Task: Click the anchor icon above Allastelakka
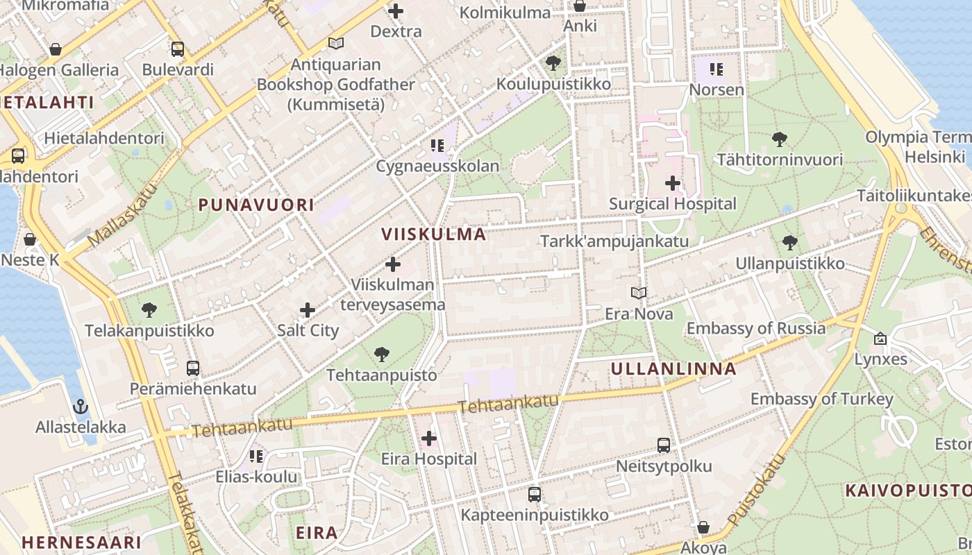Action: pos(81,407)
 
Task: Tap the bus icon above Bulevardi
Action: pos(178,49)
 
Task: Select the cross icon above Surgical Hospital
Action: pos(672,183)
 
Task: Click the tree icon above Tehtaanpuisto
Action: pos(381,355)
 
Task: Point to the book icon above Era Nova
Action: pos(639,293)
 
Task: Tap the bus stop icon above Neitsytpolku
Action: pos(664,445)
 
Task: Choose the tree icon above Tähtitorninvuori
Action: pos(780,139)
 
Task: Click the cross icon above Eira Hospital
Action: pos(429,438)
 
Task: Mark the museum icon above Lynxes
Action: pos(880,339)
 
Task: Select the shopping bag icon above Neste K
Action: pos(30,239)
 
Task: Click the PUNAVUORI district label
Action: pos(256,205)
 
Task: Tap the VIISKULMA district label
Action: pos(433,234)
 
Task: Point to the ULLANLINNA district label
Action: pos(673,369)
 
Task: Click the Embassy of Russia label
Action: pos(756,328)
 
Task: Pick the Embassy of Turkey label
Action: pos(821,399)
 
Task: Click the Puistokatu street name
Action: pos(757,490)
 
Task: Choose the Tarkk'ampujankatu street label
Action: pos(614,241)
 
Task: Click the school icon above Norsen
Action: pos(717,69)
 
